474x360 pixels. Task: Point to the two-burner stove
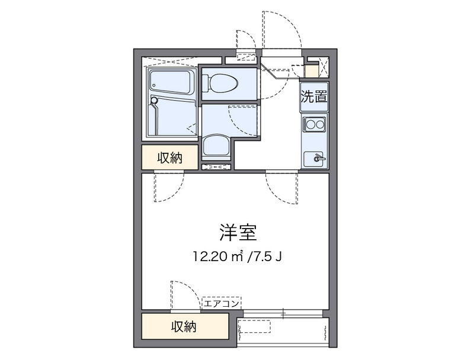(314, 125)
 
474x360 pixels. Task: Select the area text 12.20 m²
(216, 256)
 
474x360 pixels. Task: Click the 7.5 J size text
(267, 256)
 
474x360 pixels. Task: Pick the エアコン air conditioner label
(222, 304)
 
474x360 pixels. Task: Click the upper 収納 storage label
(169, 158)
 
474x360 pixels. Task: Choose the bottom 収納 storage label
(184, 326)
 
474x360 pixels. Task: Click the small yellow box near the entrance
(312, 72)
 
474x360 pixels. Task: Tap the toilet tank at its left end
(207, 83)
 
